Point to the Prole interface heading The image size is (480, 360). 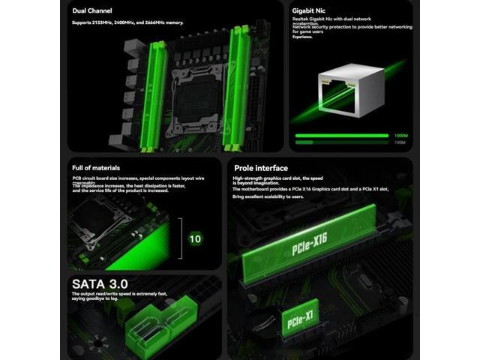(259, 168)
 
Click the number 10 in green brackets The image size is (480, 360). (195, 239)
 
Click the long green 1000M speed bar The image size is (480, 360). (342, 136)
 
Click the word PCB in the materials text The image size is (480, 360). (76, 177)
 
